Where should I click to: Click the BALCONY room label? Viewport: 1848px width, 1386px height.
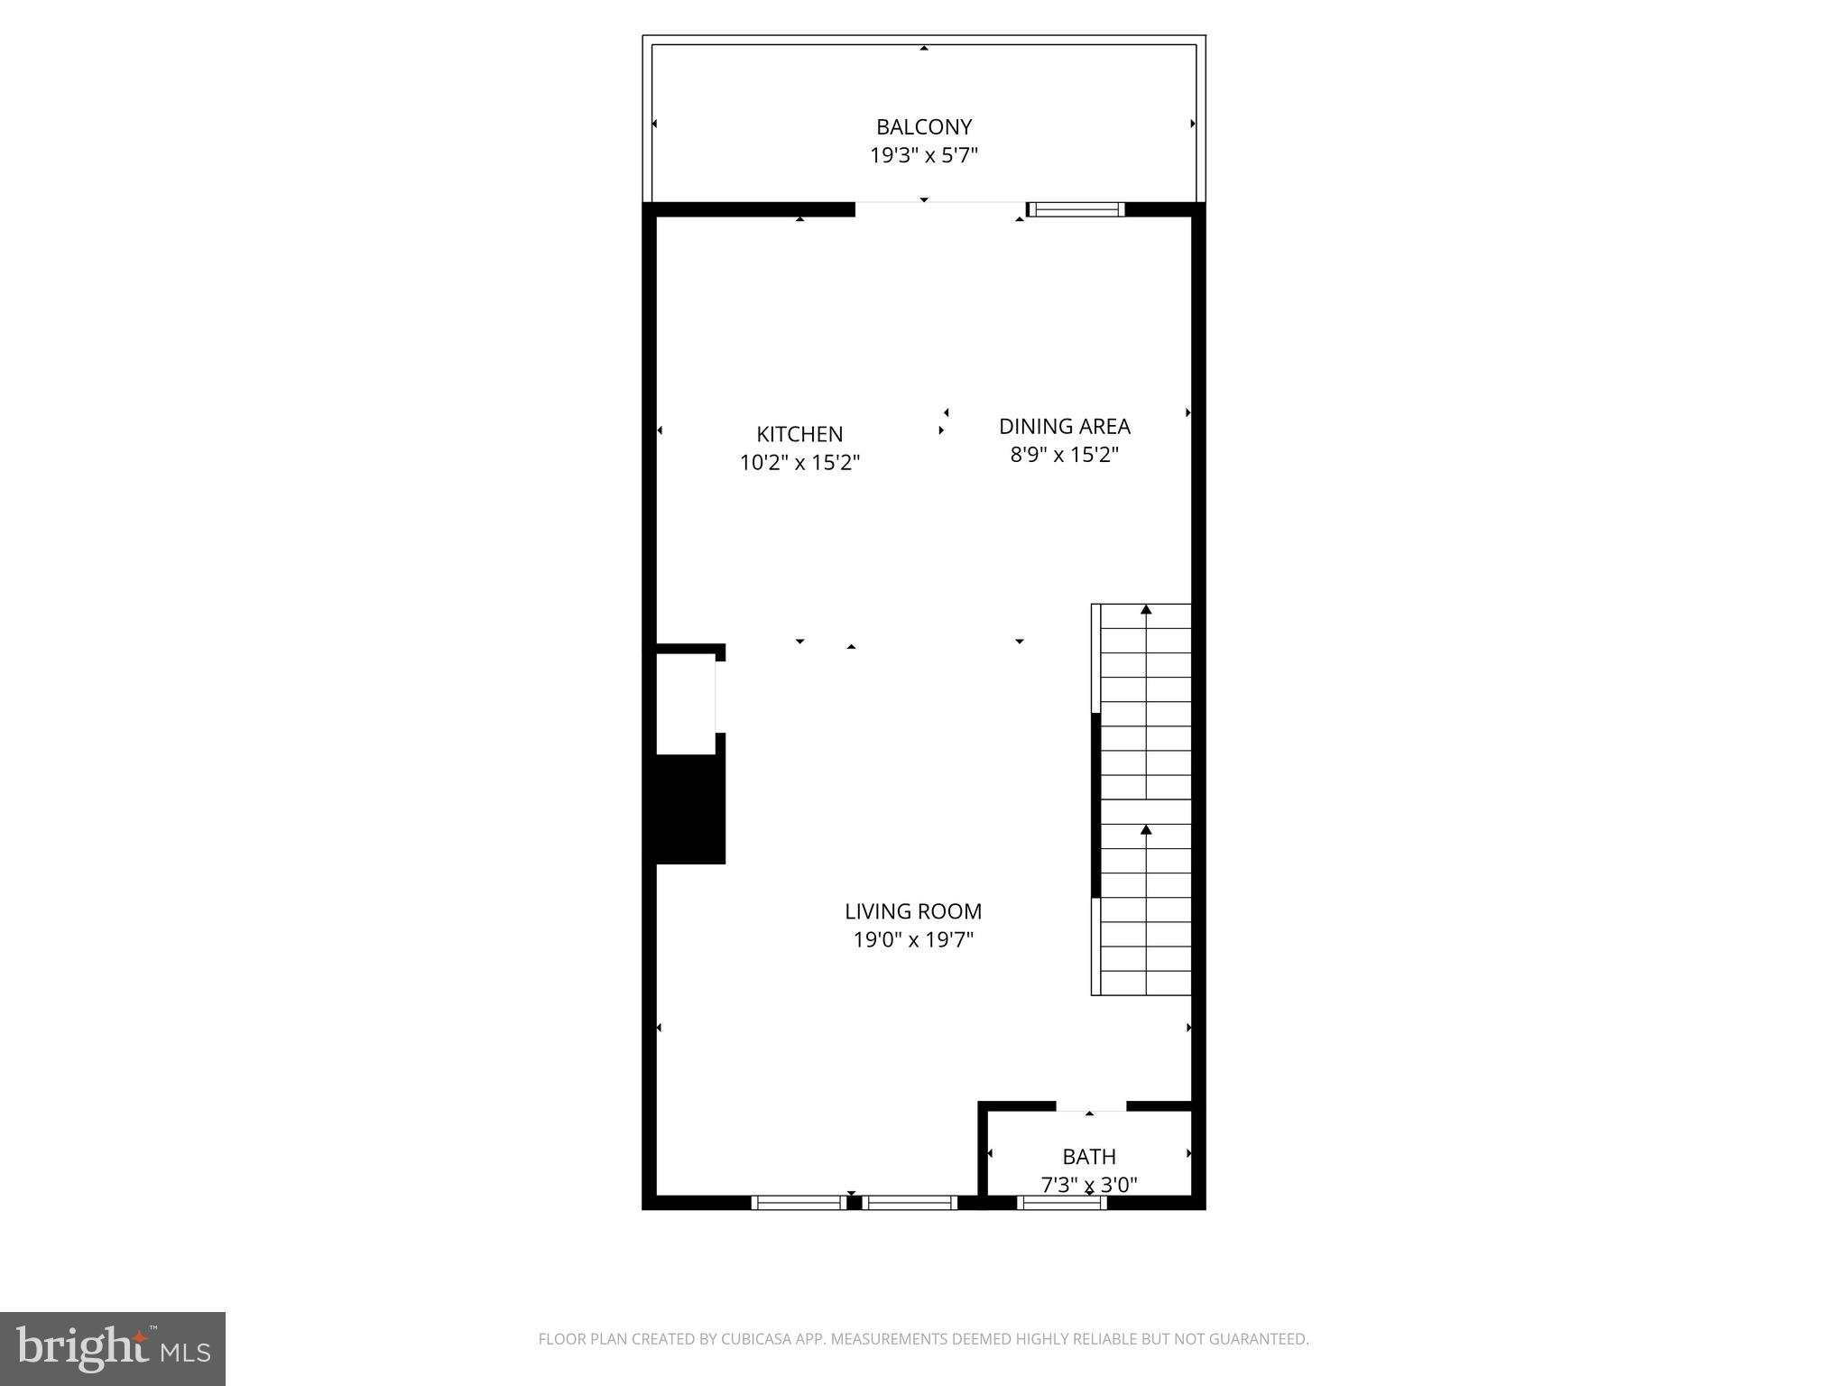click(x=923, y=127)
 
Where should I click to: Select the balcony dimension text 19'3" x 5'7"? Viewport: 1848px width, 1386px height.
click(x=923, y=156)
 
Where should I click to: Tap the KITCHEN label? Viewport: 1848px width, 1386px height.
click(x=799, y=434)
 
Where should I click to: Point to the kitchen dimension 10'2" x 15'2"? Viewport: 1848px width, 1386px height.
click(x=799, y=463)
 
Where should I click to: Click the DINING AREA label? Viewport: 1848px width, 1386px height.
click(x=1064, y=426)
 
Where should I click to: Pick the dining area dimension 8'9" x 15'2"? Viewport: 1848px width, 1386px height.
click(x=1064, y=455)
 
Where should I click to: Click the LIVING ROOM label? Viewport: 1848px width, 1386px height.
click(x=913, y=911)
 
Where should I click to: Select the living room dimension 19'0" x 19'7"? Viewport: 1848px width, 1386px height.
click(x=913, y=940)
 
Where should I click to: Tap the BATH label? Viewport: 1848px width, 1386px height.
click(x=1089, y=1157)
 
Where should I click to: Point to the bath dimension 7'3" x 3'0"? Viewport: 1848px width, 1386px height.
click(x=1089, y=1185)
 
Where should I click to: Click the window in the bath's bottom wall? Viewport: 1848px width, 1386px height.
click(x=1062, y=1202)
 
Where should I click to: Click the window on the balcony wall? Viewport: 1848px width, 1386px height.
click(x=1076, y=209)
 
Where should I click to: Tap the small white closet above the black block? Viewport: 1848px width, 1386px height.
click(x=686, y=704)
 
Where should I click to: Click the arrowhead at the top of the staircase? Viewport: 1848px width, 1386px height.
click(x=1146, y=610)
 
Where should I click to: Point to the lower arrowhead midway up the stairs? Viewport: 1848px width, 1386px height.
click(x=1146, y=829)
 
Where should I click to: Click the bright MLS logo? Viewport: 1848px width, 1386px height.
click(x=113, y=1349)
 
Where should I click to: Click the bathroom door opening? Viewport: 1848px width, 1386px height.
click(x=1091, y=1106)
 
